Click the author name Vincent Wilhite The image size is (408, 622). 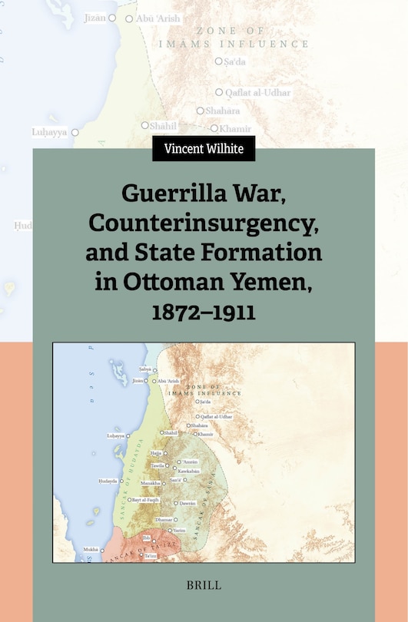pyautogui.click(x=203, y=148)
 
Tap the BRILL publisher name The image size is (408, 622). pyautogui.click(x=204, y=585)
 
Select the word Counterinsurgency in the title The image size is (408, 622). pyautogui.click(x=203, y=222)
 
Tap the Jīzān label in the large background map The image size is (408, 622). pyautogui.click(x=95, y=17)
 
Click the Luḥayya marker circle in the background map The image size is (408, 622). pyautogui.click(x=75, y=132)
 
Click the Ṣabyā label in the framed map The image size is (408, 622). pyautogui.click(x=144, y=369)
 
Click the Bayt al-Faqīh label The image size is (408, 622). pyautogui.click(x=145, y=500)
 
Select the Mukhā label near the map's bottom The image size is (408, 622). pyautogui.click(x=90, y=550)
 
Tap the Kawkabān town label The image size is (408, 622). pyautogui.click(x=188, y=471)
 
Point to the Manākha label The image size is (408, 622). pyautogui.click(x=150, y=483)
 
